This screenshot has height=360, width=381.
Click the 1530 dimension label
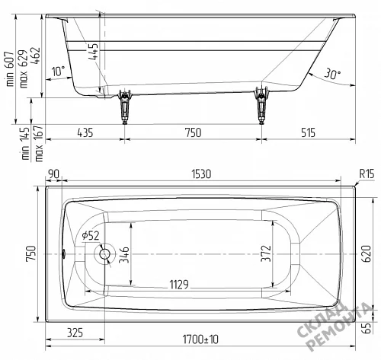coord(201,174)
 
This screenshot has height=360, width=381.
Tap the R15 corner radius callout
coord(367,174)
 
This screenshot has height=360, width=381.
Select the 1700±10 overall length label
coord(200,339)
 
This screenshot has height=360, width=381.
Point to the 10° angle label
coord(59,72)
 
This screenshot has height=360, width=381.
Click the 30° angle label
coord(332,74)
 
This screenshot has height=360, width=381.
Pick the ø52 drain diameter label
coord(91,236)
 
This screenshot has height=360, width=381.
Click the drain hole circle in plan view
coord(104,254)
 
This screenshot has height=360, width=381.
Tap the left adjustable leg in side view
coord(124,107)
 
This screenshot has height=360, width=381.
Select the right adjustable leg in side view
coord(261,105)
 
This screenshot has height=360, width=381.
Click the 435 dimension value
coord(85,132)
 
